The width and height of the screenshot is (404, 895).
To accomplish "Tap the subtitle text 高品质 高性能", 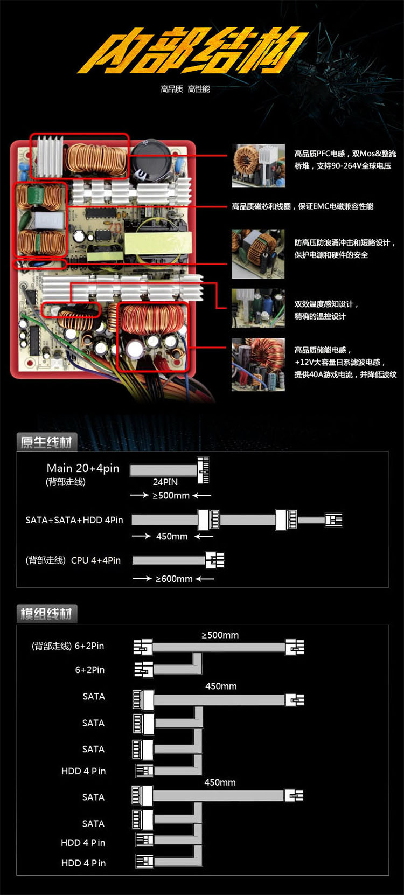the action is (x=185, y=89).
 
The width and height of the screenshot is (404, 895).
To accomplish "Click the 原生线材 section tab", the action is (x=46, y=442).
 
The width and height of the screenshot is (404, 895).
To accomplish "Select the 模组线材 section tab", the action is (x=46, y=614).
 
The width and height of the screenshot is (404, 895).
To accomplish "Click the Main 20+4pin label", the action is (x=83, y=468).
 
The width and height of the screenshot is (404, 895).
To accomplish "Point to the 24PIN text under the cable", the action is (x=165, y=482).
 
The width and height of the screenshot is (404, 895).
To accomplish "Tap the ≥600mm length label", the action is (x=174, y=579).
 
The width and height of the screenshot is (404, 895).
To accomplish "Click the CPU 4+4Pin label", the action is (x=96, y=560).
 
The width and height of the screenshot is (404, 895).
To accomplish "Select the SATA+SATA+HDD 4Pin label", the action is (x=74, y=520).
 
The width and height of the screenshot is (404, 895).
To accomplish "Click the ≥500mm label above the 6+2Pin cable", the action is (x=220, y=635).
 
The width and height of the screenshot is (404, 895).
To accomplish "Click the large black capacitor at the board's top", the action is (x=151, y=160).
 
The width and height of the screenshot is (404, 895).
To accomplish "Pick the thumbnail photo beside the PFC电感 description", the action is (x=259, y=165).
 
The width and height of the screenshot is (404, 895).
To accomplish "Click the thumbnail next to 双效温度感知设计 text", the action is (x=258, y=308).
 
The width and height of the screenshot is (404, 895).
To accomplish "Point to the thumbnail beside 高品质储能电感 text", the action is (x=258, y=364).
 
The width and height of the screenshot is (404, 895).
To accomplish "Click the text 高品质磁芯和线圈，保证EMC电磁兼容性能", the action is (x=303, y=206).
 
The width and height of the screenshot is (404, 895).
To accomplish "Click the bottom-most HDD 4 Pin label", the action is (x=83, y=863).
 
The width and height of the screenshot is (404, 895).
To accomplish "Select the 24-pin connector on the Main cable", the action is (x=203, y=470).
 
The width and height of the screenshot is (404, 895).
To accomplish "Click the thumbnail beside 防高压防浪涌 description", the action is (x=258, y=254).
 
